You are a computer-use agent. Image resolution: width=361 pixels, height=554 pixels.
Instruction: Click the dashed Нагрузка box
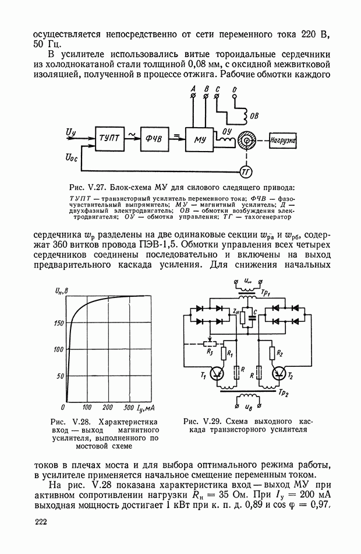[284, 141]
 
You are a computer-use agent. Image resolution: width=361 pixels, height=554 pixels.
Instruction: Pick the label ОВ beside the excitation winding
[254, 116]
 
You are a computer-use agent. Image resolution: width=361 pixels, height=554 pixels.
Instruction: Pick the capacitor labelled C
[252, 318]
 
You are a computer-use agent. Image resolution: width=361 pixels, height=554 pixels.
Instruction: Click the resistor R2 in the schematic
[272, 353]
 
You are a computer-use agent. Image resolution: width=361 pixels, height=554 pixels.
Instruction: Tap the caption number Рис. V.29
[204, 421]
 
